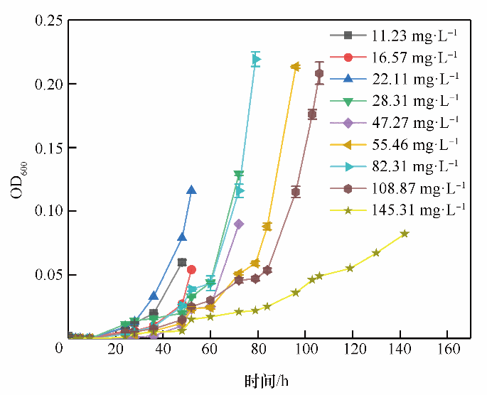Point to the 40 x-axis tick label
pyautogui.click(x=162, y=351)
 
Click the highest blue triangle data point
pyautogui.click(x=191, y=190)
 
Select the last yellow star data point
pyautogui.click(x=405, y=234)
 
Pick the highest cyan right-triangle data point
pyautogui.click(x=256, y=60)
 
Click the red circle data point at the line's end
pyautogui.click(x=191, y=269)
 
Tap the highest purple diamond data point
pyautogui.click(x=239, y=224)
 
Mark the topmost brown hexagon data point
pyautogui.click(x=319, y=73)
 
